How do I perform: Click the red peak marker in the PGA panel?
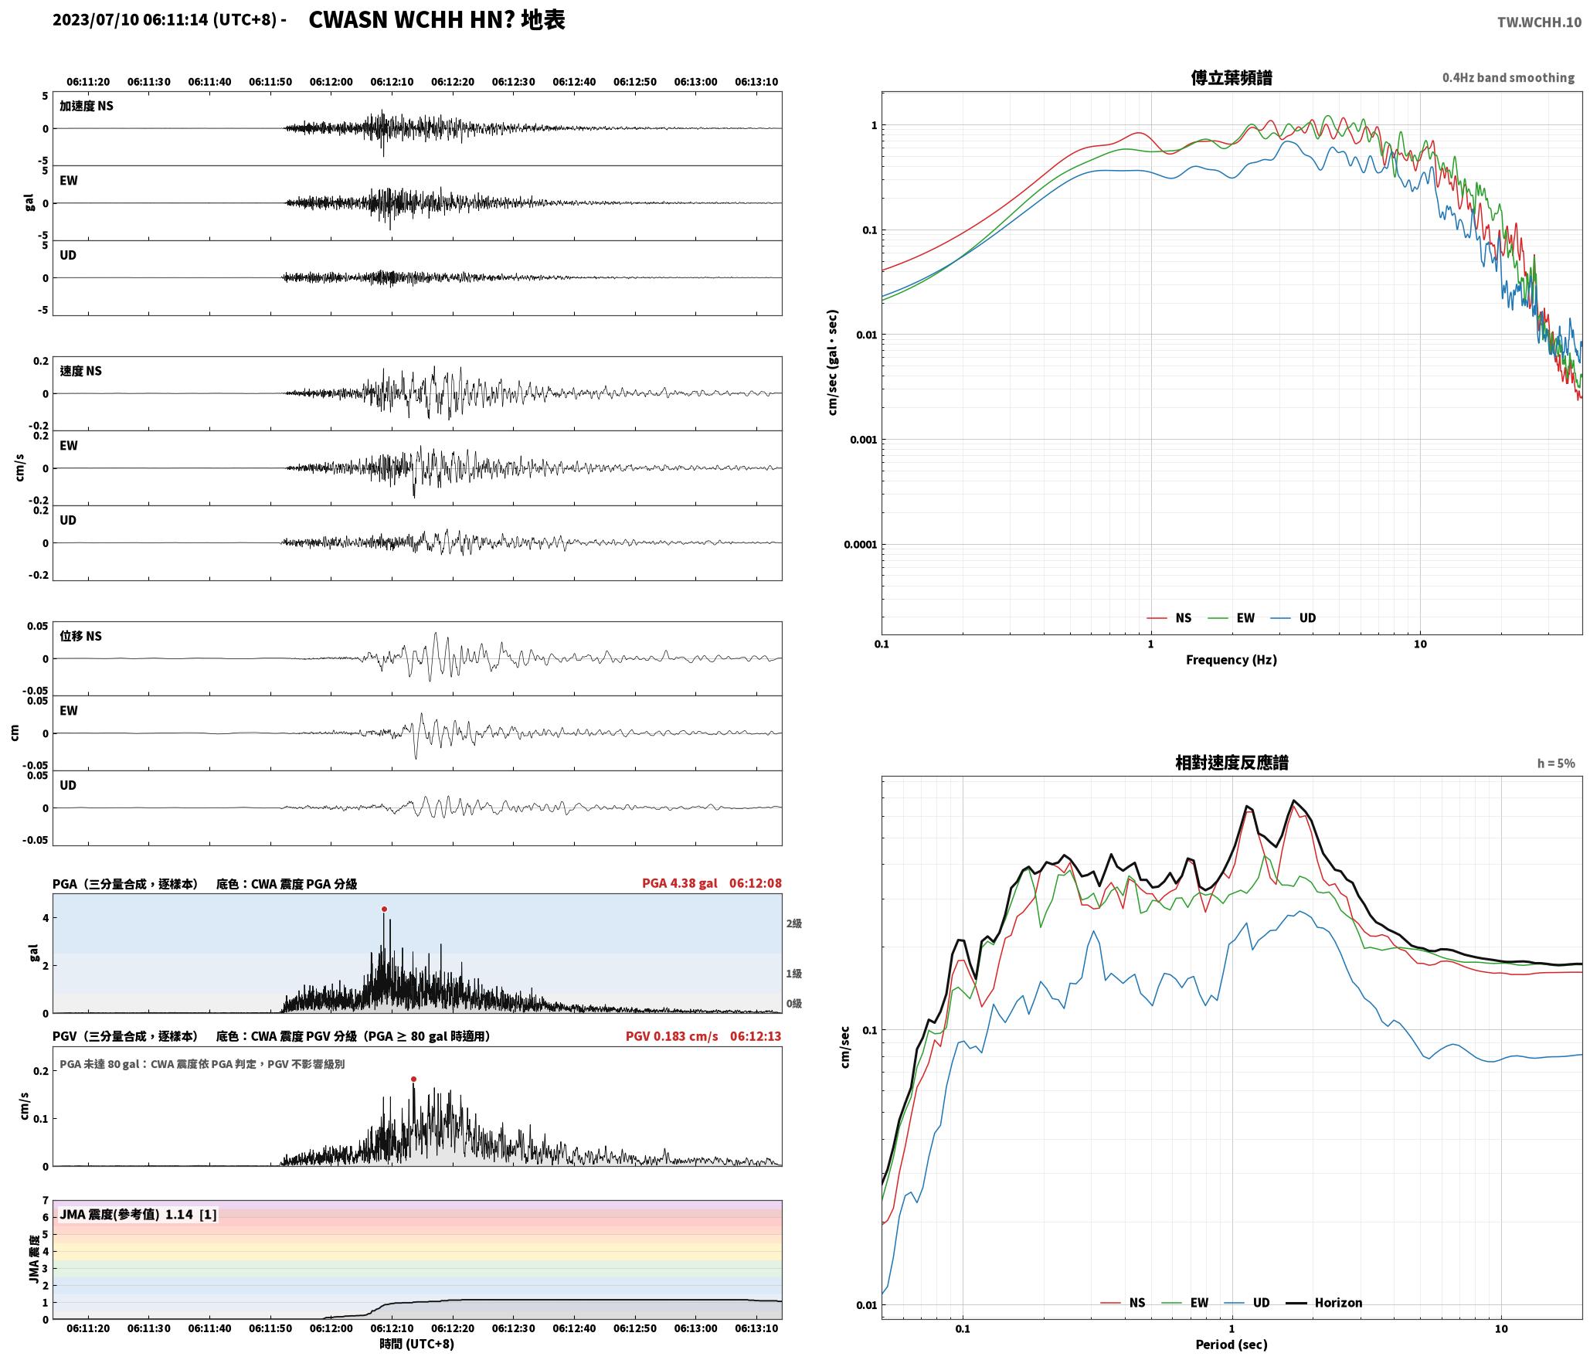pos(384,909)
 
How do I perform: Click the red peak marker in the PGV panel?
pos(413,1079)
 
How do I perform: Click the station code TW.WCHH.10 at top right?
pos(1539,22)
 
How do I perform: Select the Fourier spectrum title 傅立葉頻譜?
pos(1232,77)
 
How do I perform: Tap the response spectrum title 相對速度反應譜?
pos(1232,763)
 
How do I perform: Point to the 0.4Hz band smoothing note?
pos(1508,77)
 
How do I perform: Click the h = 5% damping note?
pos(1555,763)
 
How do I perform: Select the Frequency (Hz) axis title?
pos(1232,659)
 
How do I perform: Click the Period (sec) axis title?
pos(1232,1344)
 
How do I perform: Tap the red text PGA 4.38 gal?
pos(679,882)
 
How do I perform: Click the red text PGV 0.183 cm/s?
pos(671,1035)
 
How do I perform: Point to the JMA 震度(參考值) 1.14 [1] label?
pos(138,1214)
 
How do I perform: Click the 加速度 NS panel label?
pos(87,106)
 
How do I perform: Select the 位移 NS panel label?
pos(81,636)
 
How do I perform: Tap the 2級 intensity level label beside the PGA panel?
pos(794,923)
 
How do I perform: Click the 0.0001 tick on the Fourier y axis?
pos(860,545)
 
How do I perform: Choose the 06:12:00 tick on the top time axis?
pos(331,81)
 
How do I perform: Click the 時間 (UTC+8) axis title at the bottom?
pos(416,1344)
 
